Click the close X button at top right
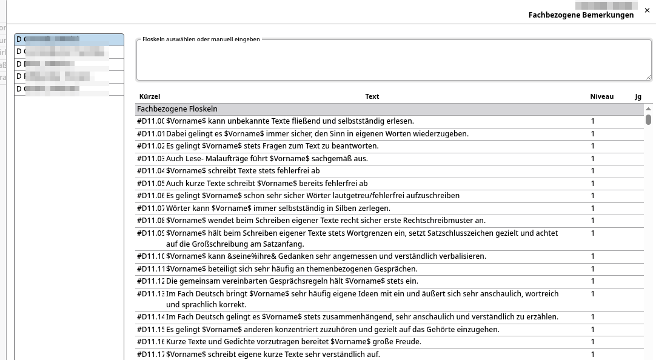648,10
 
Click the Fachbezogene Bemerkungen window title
581,15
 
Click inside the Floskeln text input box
393,61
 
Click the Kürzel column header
150,96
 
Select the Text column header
372,96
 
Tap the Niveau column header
601,96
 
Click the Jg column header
638,96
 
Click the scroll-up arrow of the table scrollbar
648,108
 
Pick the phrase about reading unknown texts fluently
290,121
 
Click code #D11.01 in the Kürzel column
151,134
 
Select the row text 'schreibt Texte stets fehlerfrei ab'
243,171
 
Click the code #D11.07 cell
151,208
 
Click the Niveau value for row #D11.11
593,269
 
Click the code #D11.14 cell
151,317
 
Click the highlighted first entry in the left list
69,39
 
